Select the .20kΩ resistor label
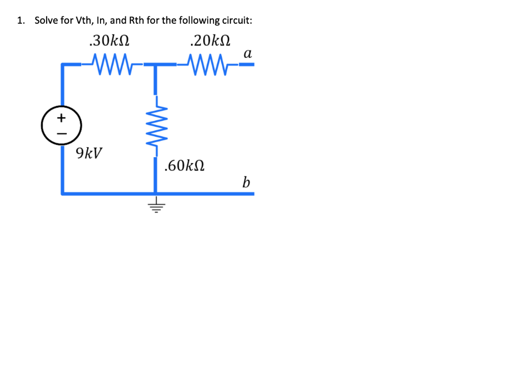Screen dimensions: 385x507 point(211,40)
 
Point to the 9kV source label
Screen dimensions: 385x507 point(90,153)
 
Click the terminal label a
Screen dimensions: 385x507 point(248,54)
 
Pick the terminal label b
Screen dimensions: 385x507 point(246,182)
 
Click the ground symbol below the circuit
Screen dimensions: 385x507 point(156,207)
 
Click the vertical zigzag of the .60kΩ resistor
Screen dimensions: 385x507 point(156,126)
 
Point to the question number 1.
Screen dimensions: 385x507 point(20,20)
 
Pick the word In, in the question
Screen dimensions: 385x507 point(101,20)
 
